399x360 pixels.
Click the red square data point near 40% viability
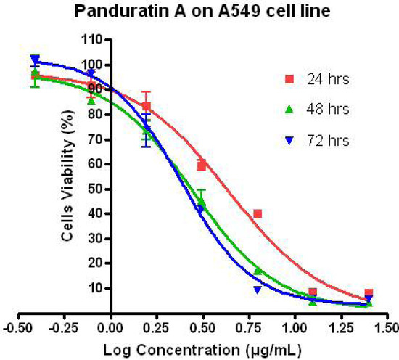tap(258, 213)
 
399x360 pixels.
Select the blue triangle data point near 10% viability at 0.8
tap(258, 290)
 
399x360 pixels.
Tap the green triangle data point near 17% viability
tap(258, 271)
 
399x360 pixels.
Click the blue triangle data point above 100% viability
tap(35, 59)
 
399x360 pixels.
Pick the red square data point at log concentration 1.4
tap(369, 292)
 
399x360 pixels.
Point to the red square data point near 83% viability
tap(147, 106)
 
